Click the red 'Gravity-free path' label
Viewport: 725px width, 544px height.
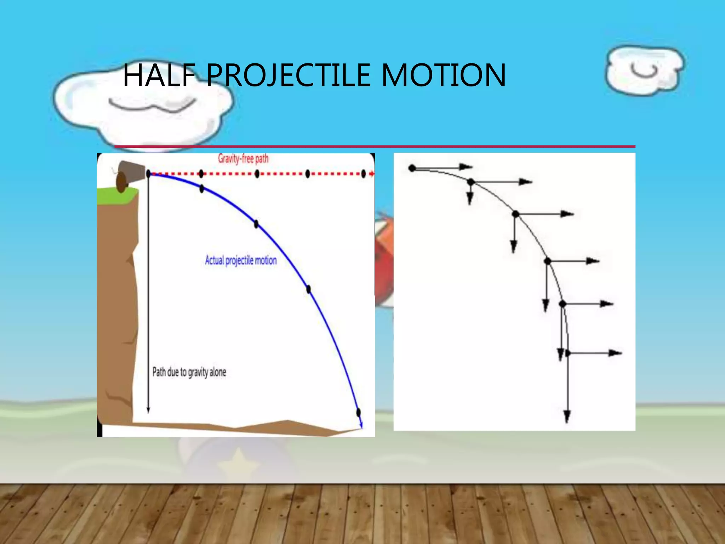point(243,159)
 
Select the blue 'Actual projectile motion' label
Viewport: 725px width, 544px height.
point(241,260)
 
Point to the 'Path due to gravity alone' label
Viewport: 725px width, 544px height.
point(189,372)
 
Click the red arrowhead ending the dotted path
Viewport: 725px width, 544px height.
point(372,174)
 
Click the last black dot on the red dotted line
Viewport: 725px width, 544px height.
point(363,174)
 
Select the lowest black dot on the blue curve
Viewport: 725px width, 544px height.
point(358,412)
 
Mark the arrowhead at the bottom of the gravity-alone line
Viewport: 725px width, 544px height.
point(148,410)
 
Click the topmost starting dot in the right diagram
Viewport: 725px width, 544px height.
point(412,168)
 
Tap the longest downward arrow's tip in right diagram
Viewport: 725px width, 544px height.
point(567,418)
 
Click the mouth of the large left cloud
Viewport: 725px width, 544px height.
point(152,105)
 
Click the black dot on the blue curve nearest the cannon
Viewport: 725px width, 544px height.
point(201,189)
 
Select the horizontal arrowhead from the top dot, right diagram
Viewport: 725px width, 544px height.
point(467,167)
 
